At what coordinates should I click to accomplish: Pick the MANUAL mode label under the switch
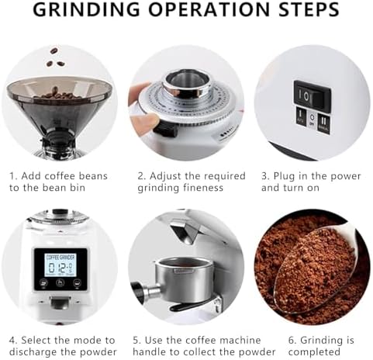click(324, 123)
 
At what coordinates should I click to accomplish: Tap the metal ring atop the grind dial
click(186, 81)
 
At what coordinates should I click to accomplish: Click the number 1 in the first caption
click(12, 176)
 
